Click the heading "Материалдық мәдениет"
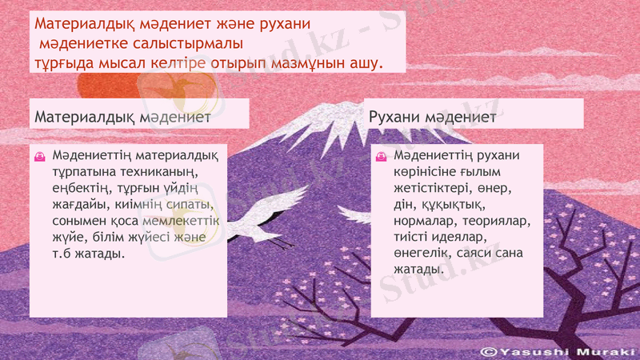122,118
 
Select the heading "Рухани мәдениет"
432,117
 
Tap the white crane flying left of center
260,214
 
